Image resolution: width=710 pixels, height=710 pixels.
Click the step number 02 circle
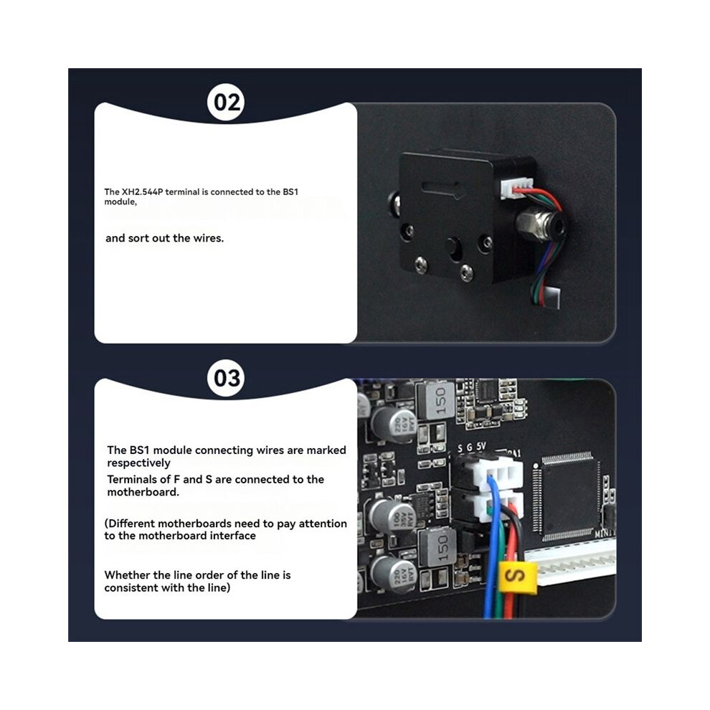pos(226,103)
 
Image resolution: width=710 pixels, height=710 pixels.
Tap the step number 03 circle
pos(226,378)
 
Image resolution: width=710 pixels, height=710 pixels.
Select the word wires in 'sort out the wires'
pos(208,238)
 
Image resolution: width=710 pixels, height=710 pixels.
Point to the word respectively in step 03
pos(138,463)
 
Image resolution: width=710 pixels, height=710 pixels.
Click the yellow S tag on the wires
pos(516,577)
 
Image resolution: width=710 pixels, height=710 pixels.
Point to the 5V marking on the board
pos(481,447)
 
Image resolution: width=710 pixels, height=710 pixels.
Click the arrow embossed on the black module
pos(443,189)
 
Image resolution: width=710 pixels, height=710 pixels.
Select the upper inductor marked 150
pos(436,400)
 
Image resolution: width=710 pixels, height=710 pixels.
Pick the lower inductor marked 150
pos(438,546)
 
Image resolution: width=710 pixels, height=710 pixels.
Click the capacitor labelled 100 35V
pos(392,517)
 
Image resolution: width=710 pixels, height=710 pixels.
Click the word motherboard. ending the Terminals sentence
pos(143,492)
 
